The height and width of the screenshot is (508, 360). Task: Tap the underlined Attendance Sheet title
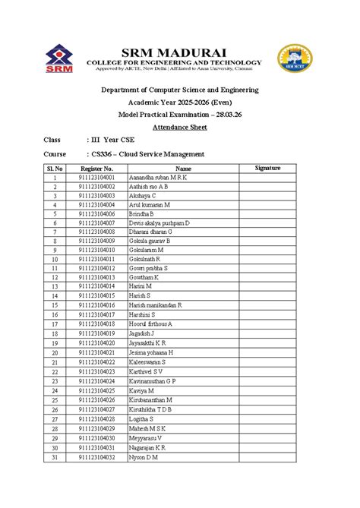[x=180, y=126]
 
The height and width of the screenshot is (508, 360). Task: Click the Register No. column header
[x=96, y=168]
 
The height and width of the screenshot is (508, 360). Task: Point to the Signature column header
[x=268, y=168]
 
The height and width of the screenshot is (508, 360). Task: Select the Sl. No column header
[x=55, y=168]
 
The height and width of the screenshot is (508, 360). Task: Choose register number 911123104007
[x=96, y=223]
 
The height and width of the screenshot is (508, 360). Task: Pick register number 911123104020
[x=96, y=343]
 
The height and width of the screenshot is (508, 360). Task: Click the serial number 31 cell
[x=55, y=458]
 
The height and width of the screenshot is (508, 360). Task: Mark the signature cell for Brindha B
[x=268, y=214]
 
